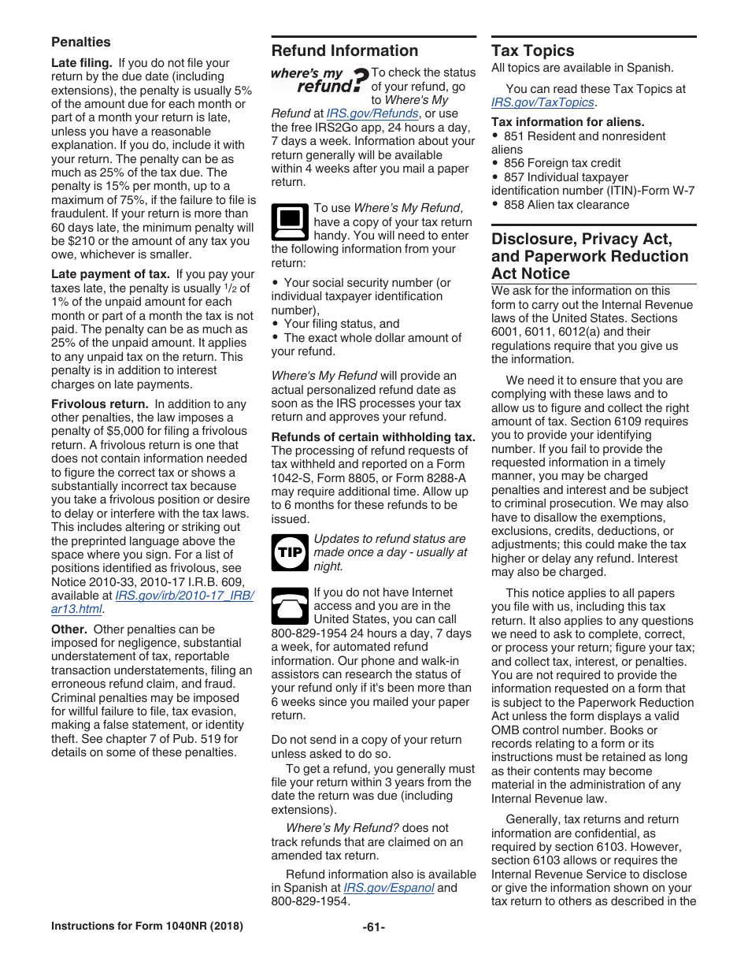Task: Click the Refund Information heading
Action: [344, 51]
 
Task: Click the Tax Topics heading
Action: [532, 51]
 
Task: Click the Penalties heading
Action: [81, 42]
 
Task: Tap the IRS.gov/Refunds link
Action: [372, 113]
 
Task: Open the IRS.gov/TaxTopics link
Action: [542, 102]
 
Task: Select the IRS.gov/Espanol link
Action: [389, 888]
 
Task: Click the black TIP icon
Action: [289, 552]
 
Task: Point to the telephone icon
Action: [289, 606]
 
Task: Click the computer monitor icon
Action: [289, 221]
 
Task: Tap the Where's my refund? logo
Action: [318, 80]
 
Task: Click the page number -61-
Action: [373, 926]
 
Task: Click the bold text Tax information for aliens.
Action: [567, 122]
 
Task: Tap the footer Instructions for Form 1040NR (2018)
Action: [146, 926]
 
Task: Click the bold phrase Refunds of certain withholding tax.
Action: [373, 437]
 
